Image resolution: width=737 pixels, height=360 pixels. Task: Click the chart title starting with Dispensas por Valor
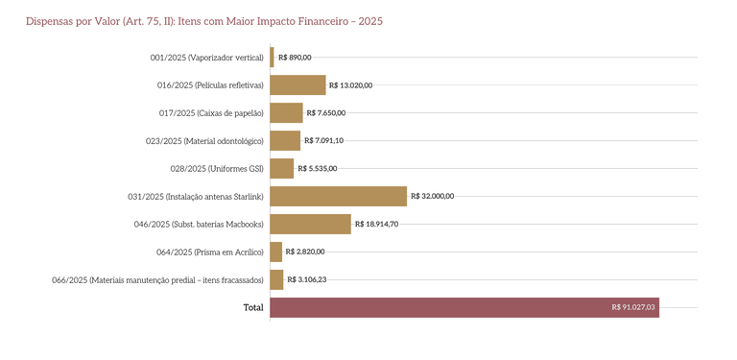pyautogui.click(x=203, y=21)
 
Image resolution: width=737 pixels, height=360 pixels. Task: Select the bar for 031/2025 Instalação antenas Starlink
pyautogui.click(x=338, y=196)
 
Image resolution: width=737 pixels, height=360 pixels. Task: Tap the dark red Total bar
pyautogui.click(x=464, y=307)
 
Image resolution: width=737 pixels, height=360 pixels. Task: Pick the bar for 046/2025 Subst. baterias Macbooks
pyautogui.click(x=310, y=224)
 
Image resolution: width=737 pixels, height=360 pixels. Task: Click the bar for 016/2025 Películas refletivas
pyautogui.click(x=297, y=84)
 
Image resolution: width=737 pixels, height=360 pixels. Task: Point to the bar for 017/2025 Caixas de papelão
pyautogui.click(x=286, y=112)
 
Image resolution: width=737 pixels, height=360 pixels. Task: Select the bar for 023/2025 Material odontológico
pyautogui.click(x=285, y=140)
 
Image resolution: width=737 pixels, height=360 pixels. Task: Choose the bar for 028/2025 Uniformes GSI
pyautogui.click(x=281, y=168)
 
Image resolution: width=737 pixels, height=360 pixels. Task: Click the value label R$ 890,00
pyautogui.click(x=295, y=58)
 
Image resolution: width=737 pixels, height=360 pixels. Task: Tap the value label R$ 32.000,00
pyautogui.click(x=432, y=196)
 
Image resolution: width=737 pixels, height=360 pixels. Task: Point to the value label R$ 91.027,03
pyautogui.click(x=632, y=307)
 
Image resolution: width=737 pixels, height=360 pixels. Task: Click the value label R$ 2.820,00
pyautogui.click(x=305, y=252)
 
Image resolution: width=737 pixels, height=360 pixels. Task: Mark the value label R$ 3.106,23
pyautogui.click(x=307, y=279)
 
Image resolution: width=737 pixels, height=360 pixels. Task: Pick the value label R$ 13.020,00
pyautogui.click(x=350, y=84)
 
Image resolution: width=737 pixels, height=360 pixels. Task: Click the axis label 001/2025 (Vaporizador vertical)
pyautogui.click(x=206, y=58)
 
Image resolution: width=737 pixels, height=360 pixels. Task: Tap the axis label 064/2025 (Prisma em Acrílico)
pyautogui.click(x=209, y=252)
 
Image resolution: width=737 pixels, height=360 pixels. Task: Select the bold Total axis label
pyautogui.click(x=253, y=307)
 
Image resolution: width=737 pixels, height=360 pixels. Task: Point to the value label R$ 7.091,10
pyautogui.click(x=323, y=140)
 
